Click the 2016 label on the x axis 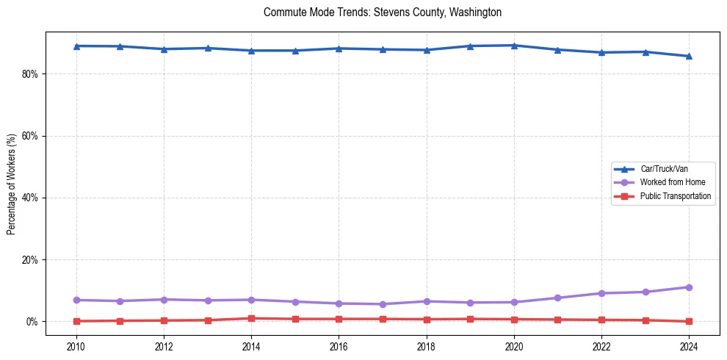click(x=339, y=346)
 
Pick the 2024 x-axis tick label click(x=689, y=346)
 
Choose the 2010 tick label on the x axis click(x=76, y=346)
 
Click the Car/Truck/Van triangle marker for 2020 click(x=514, y=46)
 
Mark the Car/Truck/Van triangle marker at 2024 click(x=689, y=56)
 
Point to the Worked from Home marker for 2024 click(x=689, y=287)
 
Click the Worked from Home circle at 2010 click(x=76, y=300)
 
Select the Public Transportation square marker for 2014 click(x=251, y=318)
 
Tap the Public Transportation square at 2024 click(x=689, y=321)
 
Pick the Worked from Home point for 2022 click(x=601, y=293)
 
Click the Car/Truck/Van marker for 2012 click(x=164, y=49)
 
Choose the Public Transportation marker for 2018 click(x=427, y=320)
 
